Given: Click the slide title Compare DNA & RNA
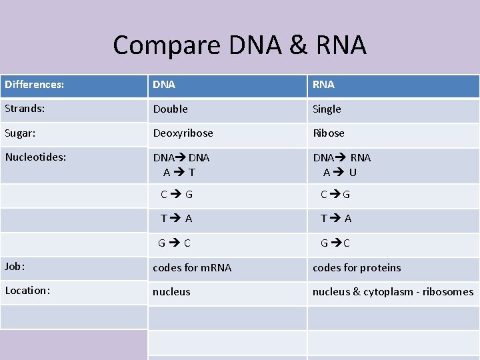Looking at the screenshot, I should [239, 45].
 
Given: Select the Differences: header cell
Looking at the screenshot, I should [35, 85].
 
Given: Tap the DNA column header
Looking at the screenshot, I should [164, 85].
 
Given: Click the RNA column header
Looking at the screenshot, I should [324, 85].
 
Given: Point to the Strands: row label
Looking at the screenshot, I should [26, 109].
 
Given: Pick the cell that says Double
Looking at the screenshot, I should [171, 109].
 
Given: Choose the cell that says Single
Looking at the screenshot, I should [327, 109].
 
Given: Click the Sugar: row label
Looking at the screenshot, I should [21, 133].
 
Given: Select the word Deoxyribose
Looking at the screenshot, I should [183, 133].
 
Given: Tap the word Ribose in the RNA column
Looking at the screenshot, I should [329, 133].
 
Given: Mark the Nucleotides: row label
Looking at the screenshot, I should [36, 157].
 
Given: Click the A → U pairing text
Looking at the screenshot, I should [340, 172].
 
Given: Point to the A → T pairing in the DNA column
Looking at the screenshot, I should [179, 172].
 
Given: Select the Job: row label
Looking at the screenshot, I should [15, 267].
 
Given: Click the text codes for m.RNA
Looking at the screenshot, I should [192, 268].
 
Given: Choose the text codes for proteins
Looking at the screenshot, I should [357, 268].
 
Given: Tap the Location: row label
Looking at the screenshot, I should [27, 291].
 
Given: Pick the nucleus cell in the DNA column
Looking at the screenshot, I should [171, 292].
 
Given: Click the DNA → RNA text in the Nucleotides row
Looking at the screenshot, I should [342, 158].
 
